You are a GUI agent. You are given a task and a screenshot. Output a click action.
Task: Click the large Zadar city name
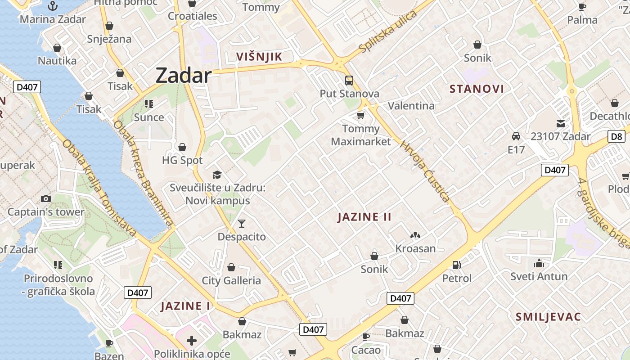pyautogui.click(x=183, y=76)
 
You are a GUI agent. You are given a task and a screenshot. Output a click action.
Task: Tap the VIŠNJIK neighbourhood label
pyautogui.click(x=259, y=56)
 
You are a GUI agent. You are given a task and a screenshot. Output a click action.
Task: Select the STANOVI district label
pyautogui.click(x=477, y=89)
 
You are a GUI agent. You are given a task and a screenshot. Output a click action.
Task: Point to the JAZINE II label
pyautogui.click(x=364, y=217)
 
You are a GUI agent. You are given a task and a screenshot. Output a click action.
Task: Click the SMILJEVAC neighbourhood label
pyautogui.click(x=548, y=316)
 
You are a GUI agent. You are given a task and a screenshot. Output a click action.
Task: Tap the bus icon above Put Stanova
pyautogui.click(x=349, y=81)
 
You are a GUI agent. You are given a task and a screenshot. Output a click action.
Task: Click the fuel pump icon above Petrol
pyautogui.click(x=457, y=265)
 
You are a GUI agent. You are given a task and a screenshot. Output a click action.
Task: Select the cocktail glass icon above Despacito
pyautogui.click(x=242, y=223)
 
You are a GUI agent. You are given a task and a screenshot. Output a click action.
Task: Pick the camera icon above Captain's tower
pyautogui.click(x=45, y=198)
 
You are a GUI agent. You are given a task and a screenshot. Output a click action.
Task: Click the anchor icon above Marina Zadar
pyautogui.click(x=53, y=6)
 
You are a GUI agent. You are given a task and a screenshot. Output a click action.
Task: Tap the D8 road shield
pyautogui.click(x=616, y=136)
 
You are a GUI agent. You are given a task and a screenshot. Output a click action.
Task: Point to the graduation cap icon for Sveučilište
pyautogui.click(x=217, y=175)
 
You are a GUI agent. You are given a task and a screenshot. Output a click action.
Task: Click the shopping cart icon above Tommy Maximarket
pyautogui.click(x=360, y=116)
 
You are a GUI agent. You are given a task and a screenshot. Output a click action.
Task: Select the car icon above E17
pyautogui.click(x=516, y=136)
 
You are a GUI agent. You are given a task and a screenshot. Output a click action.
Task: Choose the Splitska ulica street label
pyautogui.click(x=388, y=32)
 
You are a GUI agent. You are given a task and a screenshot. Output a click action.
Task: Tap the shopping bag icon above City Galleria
pyautogui.click(x=231, y=267)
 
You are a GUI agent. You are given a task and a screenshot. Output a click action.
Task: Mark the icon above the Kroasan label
pyautogui.click(x=415, y=235)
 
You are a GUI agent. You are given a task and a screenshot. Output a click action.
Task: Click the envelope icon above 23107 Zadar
pyautogui.click(x=561, y=123)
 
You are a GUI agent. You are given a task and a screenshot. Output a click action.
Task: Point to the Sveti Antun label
pyautogui.click(x=539, y=276)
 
